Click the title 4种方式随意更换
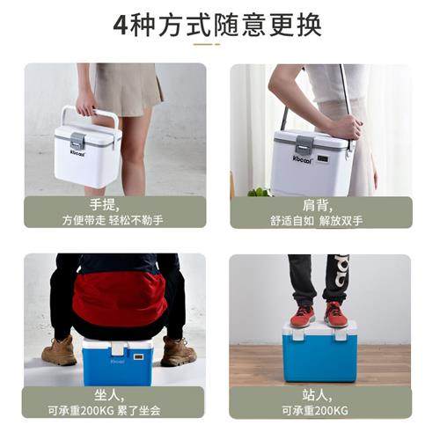tap(219, 24)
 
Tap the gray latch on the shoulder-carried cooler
tap(304, 144)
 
